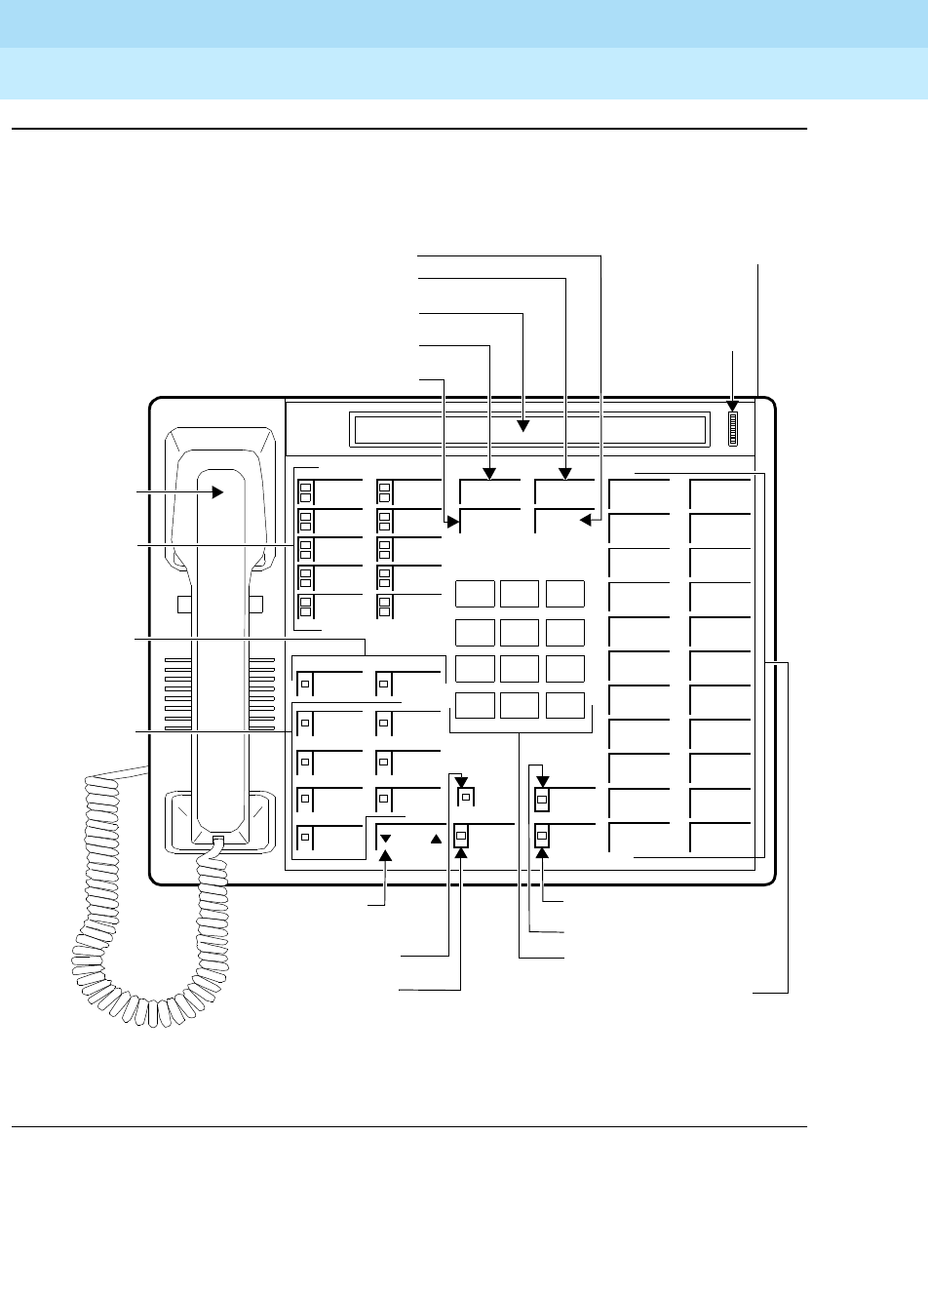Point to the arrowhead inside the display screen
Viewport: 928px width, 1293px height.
[523, 424]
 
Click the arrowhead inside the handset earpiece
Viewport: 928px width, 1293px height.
[217, 493]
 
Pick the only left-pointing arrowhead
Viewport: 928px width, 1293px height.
[586, 521]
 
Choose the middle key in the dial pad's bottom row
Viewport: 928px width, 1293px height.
[519, 706]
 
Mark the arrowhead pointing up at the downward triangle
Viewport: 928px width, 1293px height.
[386, 855]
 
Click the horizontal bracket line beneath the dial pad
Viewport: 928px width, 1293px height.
[520, 732]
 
